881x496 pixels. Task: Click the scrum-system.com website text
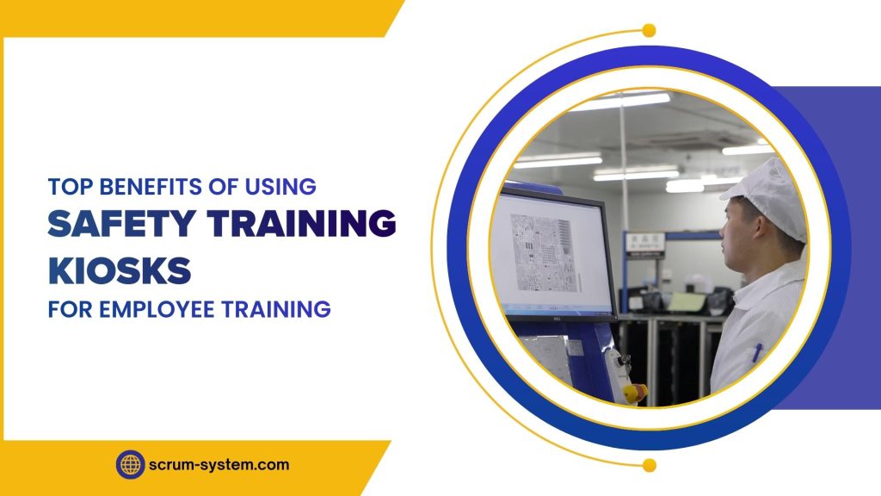[x=220, y=465]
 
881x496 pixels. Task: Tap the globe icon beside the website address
[x=130, y=465]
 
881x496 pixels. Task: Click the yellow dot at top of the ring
[x=649, y=31]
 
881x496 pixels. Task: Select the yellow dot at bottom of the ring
[x=649, y=466]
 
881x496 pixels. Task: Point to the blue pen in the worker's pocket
[x=757, y=354]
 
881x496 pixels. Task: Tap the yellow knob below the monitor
[x=634, y=394]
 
